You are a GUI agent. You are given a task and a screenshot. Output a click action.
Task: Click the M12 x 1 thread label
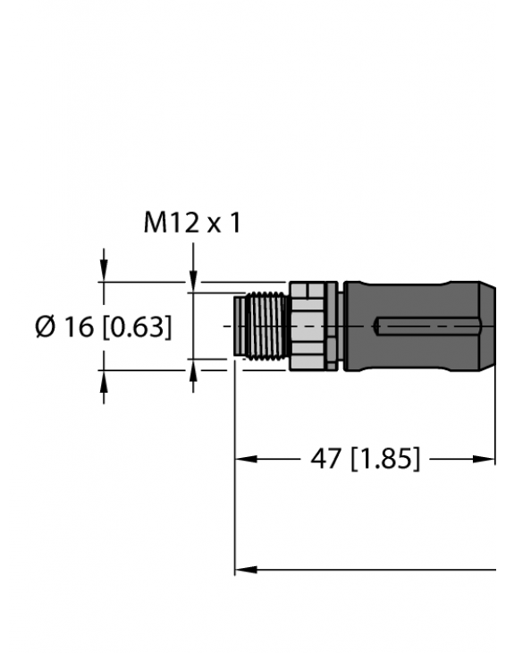pos(192,223)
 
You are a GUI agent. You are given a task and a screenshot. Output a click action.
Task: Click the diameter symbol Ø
pos(46,327)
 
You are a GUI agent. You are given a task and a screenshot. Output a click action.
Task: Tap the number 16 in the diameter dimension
pos(80,327)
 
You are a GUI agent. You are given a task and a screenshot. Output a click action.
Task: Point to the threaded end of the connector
pos(259,327)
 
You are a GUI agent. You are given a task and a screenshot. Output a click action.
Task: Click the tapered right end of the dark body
pos(487,327)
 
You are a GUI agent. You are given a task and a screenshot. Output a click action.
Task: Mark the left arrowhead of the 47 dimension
pos(241,460)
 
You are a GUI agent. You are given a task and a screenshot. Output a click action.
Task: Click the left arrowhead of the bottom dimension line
pos(241,569)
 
